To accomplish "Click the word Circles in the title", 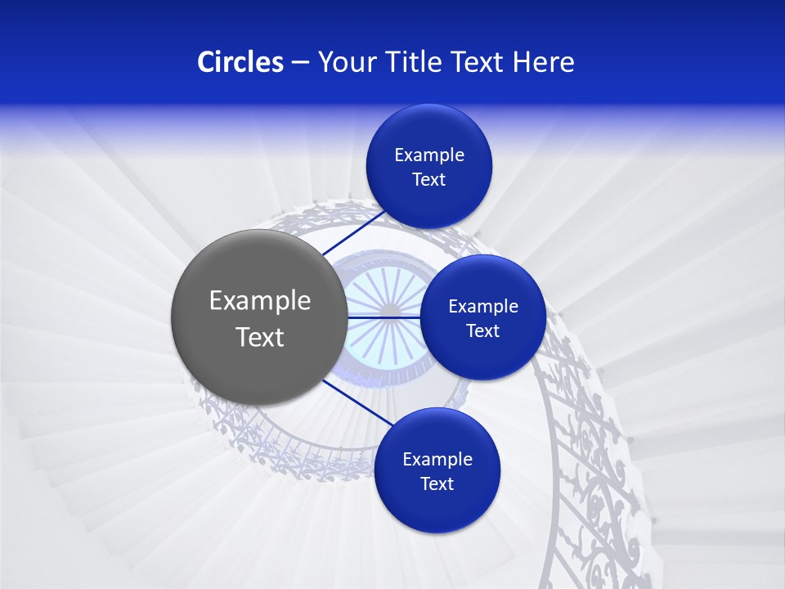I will click(x=240, y=61).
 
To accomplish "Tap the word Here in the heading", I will click(x=543, y=61).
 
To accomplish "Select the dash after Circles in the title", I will click(x=300, y=63).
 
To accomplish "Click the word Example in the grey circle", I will click(x=260, y=301).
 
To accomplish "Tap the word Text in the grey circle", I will click(x=260, y=337).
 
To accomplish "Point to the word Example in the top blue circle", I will click(x=428, y=155).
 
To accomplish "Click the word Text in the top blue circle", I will click(x=428, y=180).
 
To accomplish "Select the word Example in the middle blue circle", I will click(x=483, y=307).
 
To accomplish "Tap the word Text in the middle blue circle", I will click(x=483, y=331).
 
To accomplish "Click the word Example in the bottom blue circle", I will click(x=437, y=460).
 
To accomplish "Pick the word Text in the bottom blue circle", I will click(x=437, y=484).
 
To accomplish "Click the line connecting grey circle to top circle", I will click(x=353, y=233).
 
